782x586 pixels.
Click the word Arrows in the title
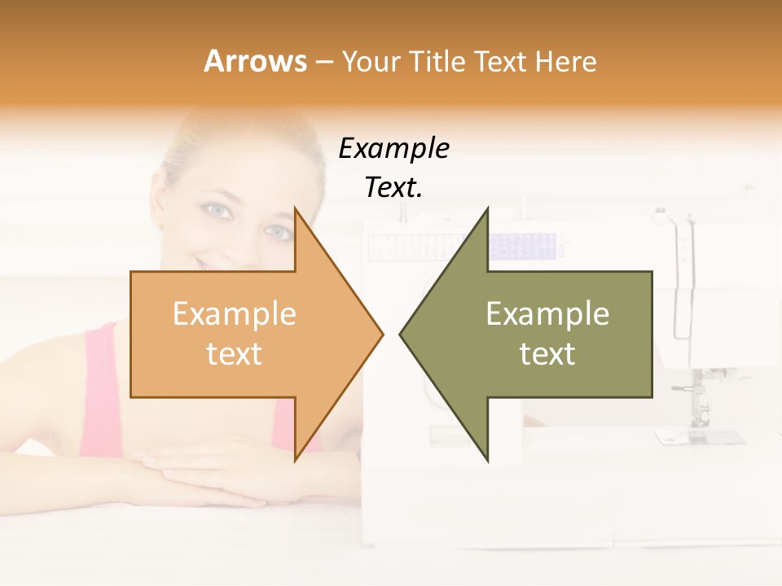click(255, 61)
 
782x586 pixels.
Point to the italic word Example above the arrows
click(393, 149)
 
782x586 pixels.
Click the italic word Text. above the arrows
click(393, 188)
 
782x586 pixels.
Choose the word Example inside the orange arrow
click(234, 314)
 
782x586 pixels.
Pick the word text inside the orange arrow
click(234, 353)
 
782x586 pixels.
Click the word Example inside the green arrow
click(547, 314)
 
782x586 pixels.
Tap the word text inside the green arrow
click(547, 353)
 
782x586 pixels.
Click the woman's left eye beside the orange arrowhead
click(276, 233)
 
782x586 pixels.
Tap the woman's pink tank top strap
click(101, 366)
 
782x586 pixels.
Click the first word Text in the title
click(501, 61)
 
